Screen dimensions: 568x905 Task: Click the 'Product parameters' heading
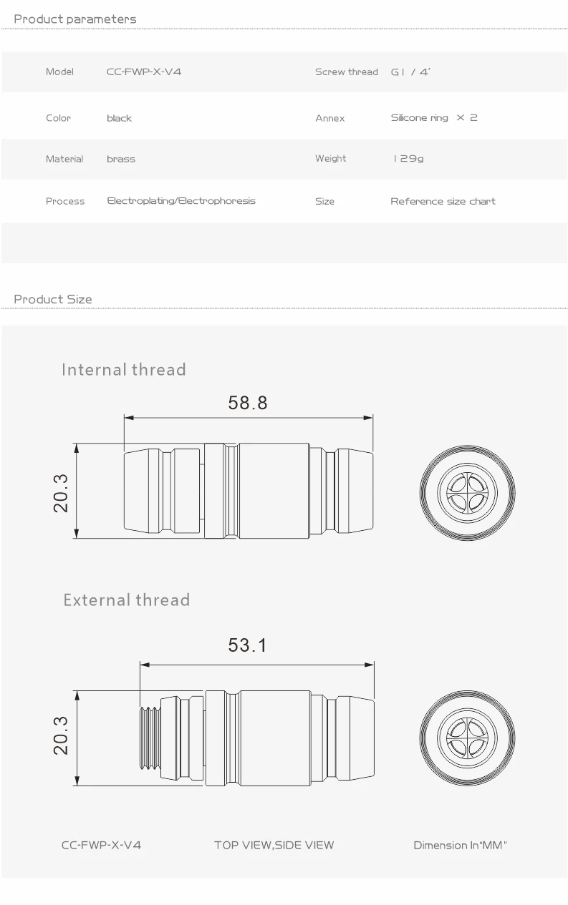tap(74, 19)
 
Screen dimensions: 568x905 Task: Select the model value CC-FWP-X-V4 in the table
tap(144, 72)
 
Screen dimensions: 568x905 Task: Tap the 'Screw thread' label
tap(346, 72)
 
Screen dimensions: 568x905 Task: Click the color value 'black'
tap(119, 118)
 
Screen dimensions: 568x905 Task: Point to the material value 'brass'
tap(121, 159)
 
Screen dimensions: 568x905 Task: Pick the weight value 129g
tap(408, 158)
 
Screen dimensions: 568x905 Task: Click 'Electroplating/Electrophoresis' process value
tap(180, 201)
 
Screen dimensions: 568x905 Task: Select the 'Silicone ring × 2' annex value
tap(434, 117)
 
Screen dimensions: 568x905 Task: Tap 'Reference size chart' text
tap(443, 201)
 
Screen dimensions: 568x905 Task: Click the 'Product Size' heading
tap(53, 299)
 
